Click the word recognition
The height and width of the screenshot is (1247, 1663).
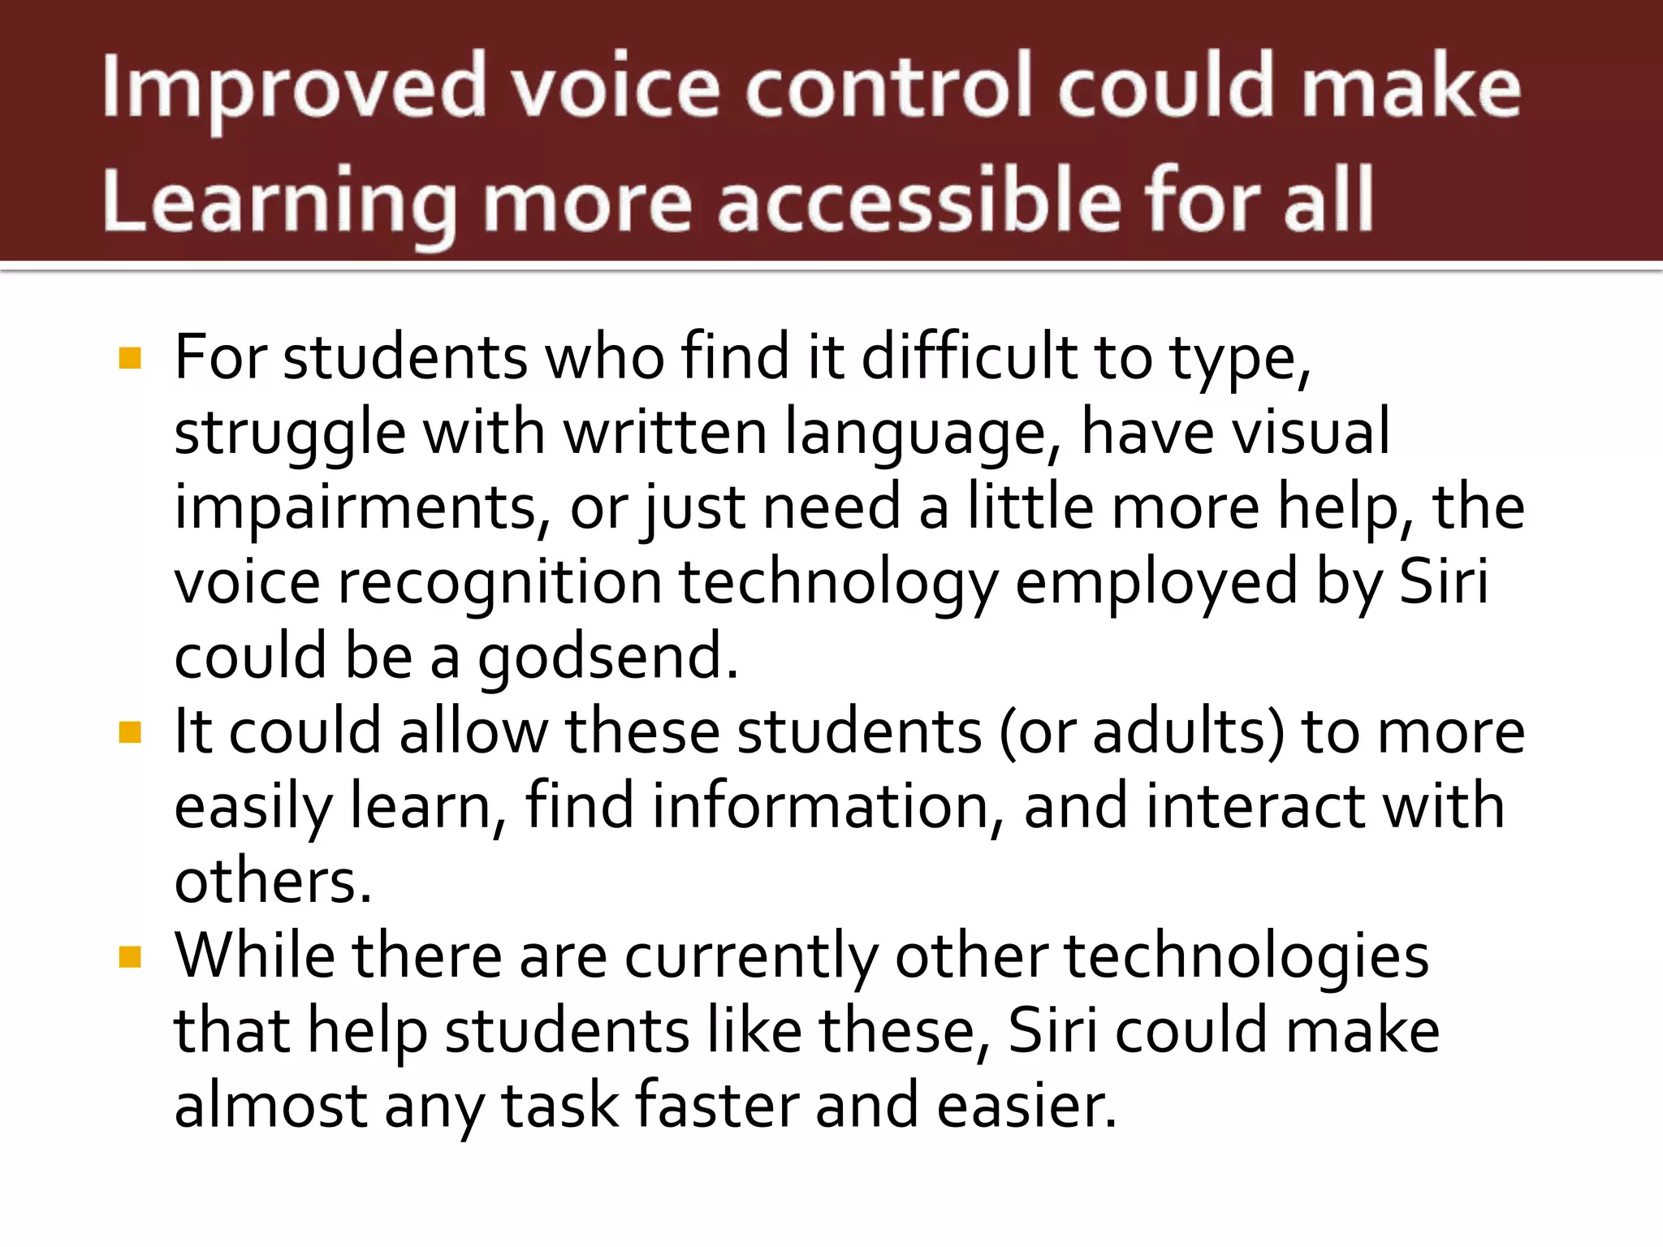point(499,582)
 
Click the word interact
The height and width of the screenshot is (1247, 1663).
point(1256,806)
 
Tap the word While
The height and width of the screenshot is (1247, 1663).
point(254,956)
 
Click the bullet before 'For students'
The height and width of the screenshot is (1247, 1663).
point(130,358)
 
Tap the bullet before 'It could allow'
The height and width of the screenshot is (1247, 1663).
point(130,732)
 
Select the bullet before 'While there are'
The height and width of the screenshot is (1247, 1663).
point(130,957)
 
